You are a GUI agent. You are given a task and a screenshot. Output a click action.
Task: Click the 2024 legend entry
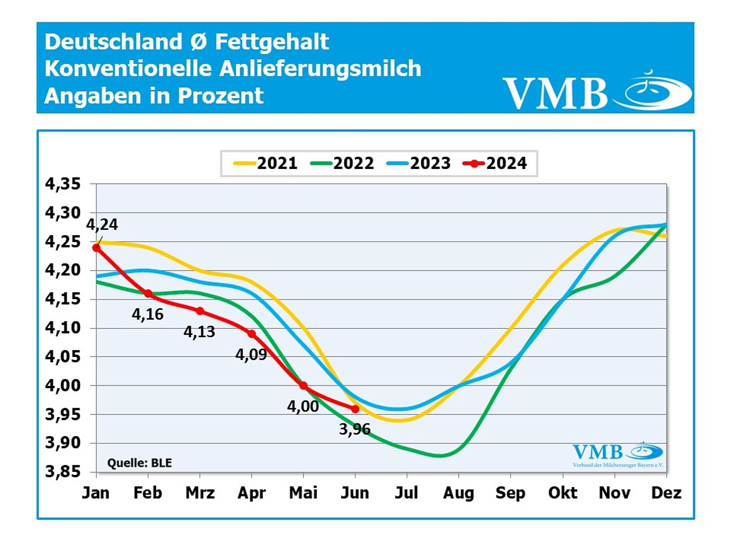click(495, 163)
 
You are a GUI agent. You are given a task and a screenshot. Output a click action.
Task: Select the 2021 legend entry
click(266, 163)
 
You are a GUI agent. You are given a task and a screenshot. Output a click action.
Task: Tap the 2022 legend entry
click(342, 163)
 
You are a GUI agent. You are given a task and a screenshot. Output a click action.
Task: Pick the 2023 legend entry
click(419, 163)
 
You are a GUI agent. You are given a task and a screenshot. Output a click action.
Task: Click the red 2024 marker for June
click(355, 409)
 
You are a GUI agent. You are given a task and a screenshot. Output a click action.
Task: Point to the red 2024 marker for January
click(96, 248)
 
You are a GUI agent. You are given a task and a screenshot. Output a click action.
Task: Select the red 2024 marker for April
click(251, 334)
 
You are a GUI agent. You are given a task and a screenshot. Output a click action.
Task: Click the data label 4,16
click(148, 315)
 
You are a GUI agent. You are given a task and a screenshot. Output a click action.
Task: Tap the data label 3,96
click(355, 429)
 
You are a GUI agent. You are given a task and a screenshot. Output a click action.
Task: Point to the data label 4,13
click(199, 332)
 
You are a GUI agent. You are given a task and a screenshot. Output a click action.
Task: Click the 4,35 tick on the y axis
click(63, 184)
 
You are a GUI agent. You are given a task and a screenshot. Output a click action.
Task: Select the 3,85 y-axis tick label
click(63, 472)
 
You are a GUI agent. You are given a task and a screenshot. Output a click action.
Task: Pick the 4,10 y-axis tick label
click(63, 328)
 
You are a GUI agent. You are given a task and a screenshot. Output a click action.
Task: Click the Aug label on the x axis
click(459, 493)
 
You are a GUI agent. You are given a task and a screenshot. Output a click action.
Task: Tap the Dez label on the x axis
click(666, 493)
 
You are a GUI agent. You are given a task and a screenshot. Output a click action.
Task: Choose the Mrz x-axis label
click(200, 493)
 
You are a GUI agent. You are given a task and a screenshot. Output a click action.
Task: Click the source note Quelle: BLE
click(140, 463)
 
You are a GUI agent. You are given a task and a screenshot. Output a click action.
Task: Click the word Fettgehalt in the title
click(272, 42)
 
